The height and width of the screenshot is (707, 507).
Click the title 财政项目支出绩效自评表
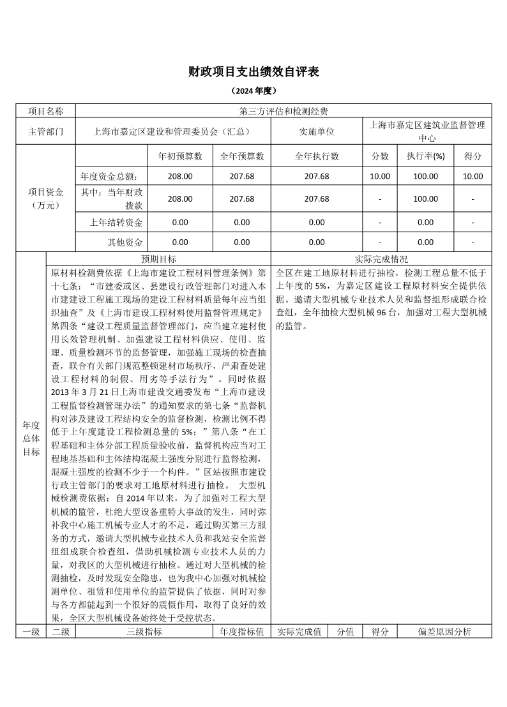[x=253, y=71]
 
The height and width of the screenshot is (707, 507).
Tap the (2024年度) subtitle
[x=253, y=91]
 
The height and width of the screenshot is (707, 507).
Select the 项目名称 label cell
[x=46, y=111]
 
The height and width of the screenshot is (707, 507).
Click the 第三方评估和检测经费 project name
[x=284, y=111]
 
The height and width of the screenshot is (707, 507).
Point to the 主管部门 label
[x=46, y=132]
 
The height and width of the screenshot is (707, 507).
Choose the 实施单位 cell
[x=317, y=132]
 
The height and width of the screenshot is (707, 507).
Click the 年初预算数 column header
[x=180, y=156]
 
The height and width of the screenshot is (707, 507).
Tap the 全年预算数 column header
[x=242, y=156]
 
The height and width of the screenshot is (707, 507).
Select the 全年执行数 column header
[x=317, y=156]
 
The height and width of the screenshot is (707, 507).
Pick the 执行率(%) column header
[x=425, y=156]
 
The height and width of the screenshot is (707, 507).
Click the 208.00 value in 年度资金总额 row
[x=180, y=177]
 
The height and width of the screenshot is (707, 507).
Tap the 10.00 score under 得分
[x=473, y=177]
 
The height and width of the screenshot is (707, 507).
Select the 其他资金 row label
[x=125, y=242]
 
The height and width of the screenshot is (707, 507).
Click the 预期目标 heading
[x=159, y=259]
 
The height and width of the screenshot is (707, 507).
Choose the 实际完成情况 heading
[x=381, y=259]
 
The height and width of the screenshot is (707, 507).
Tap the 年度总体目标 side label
[x=31, y=438]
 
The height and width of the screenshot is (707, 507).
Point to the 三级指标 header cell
[x=144, y=632]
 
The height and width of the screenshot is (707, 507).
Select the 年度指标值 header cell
[x=242, y=632]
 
